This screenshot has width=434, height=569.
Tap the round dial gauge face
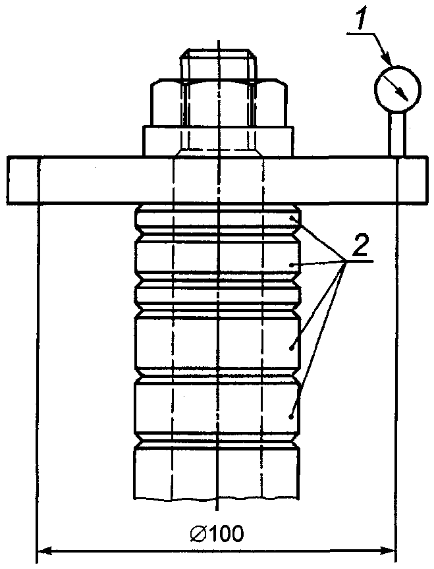[396, 86]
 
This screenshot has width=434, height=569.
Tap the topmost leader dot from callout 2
[292, 215]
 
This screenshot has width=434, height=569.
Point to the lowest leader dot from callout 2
[292, 416]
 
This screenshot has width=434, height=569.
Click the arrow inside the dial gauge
[397, 86]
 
